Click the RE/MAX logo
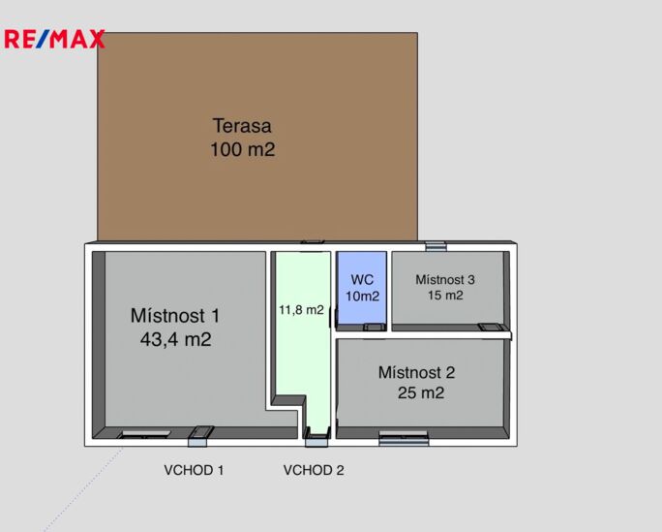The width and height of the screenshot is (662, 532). tap(54, 40)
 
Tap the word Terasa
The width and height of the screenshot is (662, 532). tap(242, 126)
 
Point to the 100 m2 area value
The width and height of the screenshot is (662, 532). tap(242, 150)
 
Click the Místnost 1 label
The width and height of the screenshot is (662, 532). tap(175, 316)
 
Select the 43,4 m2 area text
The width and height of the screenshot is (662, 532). tap(175, 340)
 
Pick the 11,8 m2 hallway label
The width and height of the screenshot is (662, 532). tap(301, 311)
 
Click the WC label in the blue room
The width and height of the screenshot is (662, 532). tap(362, 279)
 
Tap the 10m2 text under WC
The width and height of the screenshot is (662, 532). tap(362, 297)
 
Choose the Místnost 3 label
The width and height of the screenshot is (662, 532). tap(445, 279)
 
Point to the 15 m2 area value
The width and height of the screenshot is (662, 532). tap(445, 296)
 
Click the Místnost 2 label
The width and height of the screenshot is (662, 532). tap(416, 372)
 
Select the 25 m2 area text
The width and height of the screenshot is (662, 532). tap(420, 393)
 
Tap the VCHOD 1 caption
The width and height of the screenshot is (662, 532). tap(194, 471)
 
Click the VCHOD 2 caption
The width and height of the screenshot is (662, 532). tap(314, 471)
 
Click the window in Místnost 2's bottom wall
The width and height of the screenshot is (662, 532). tap(404, 440)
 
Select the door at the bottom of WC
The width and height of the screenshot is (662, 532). tap(374, 328)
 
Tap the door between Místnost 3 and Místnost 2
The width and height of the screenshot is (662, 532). tap(491, 328)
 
